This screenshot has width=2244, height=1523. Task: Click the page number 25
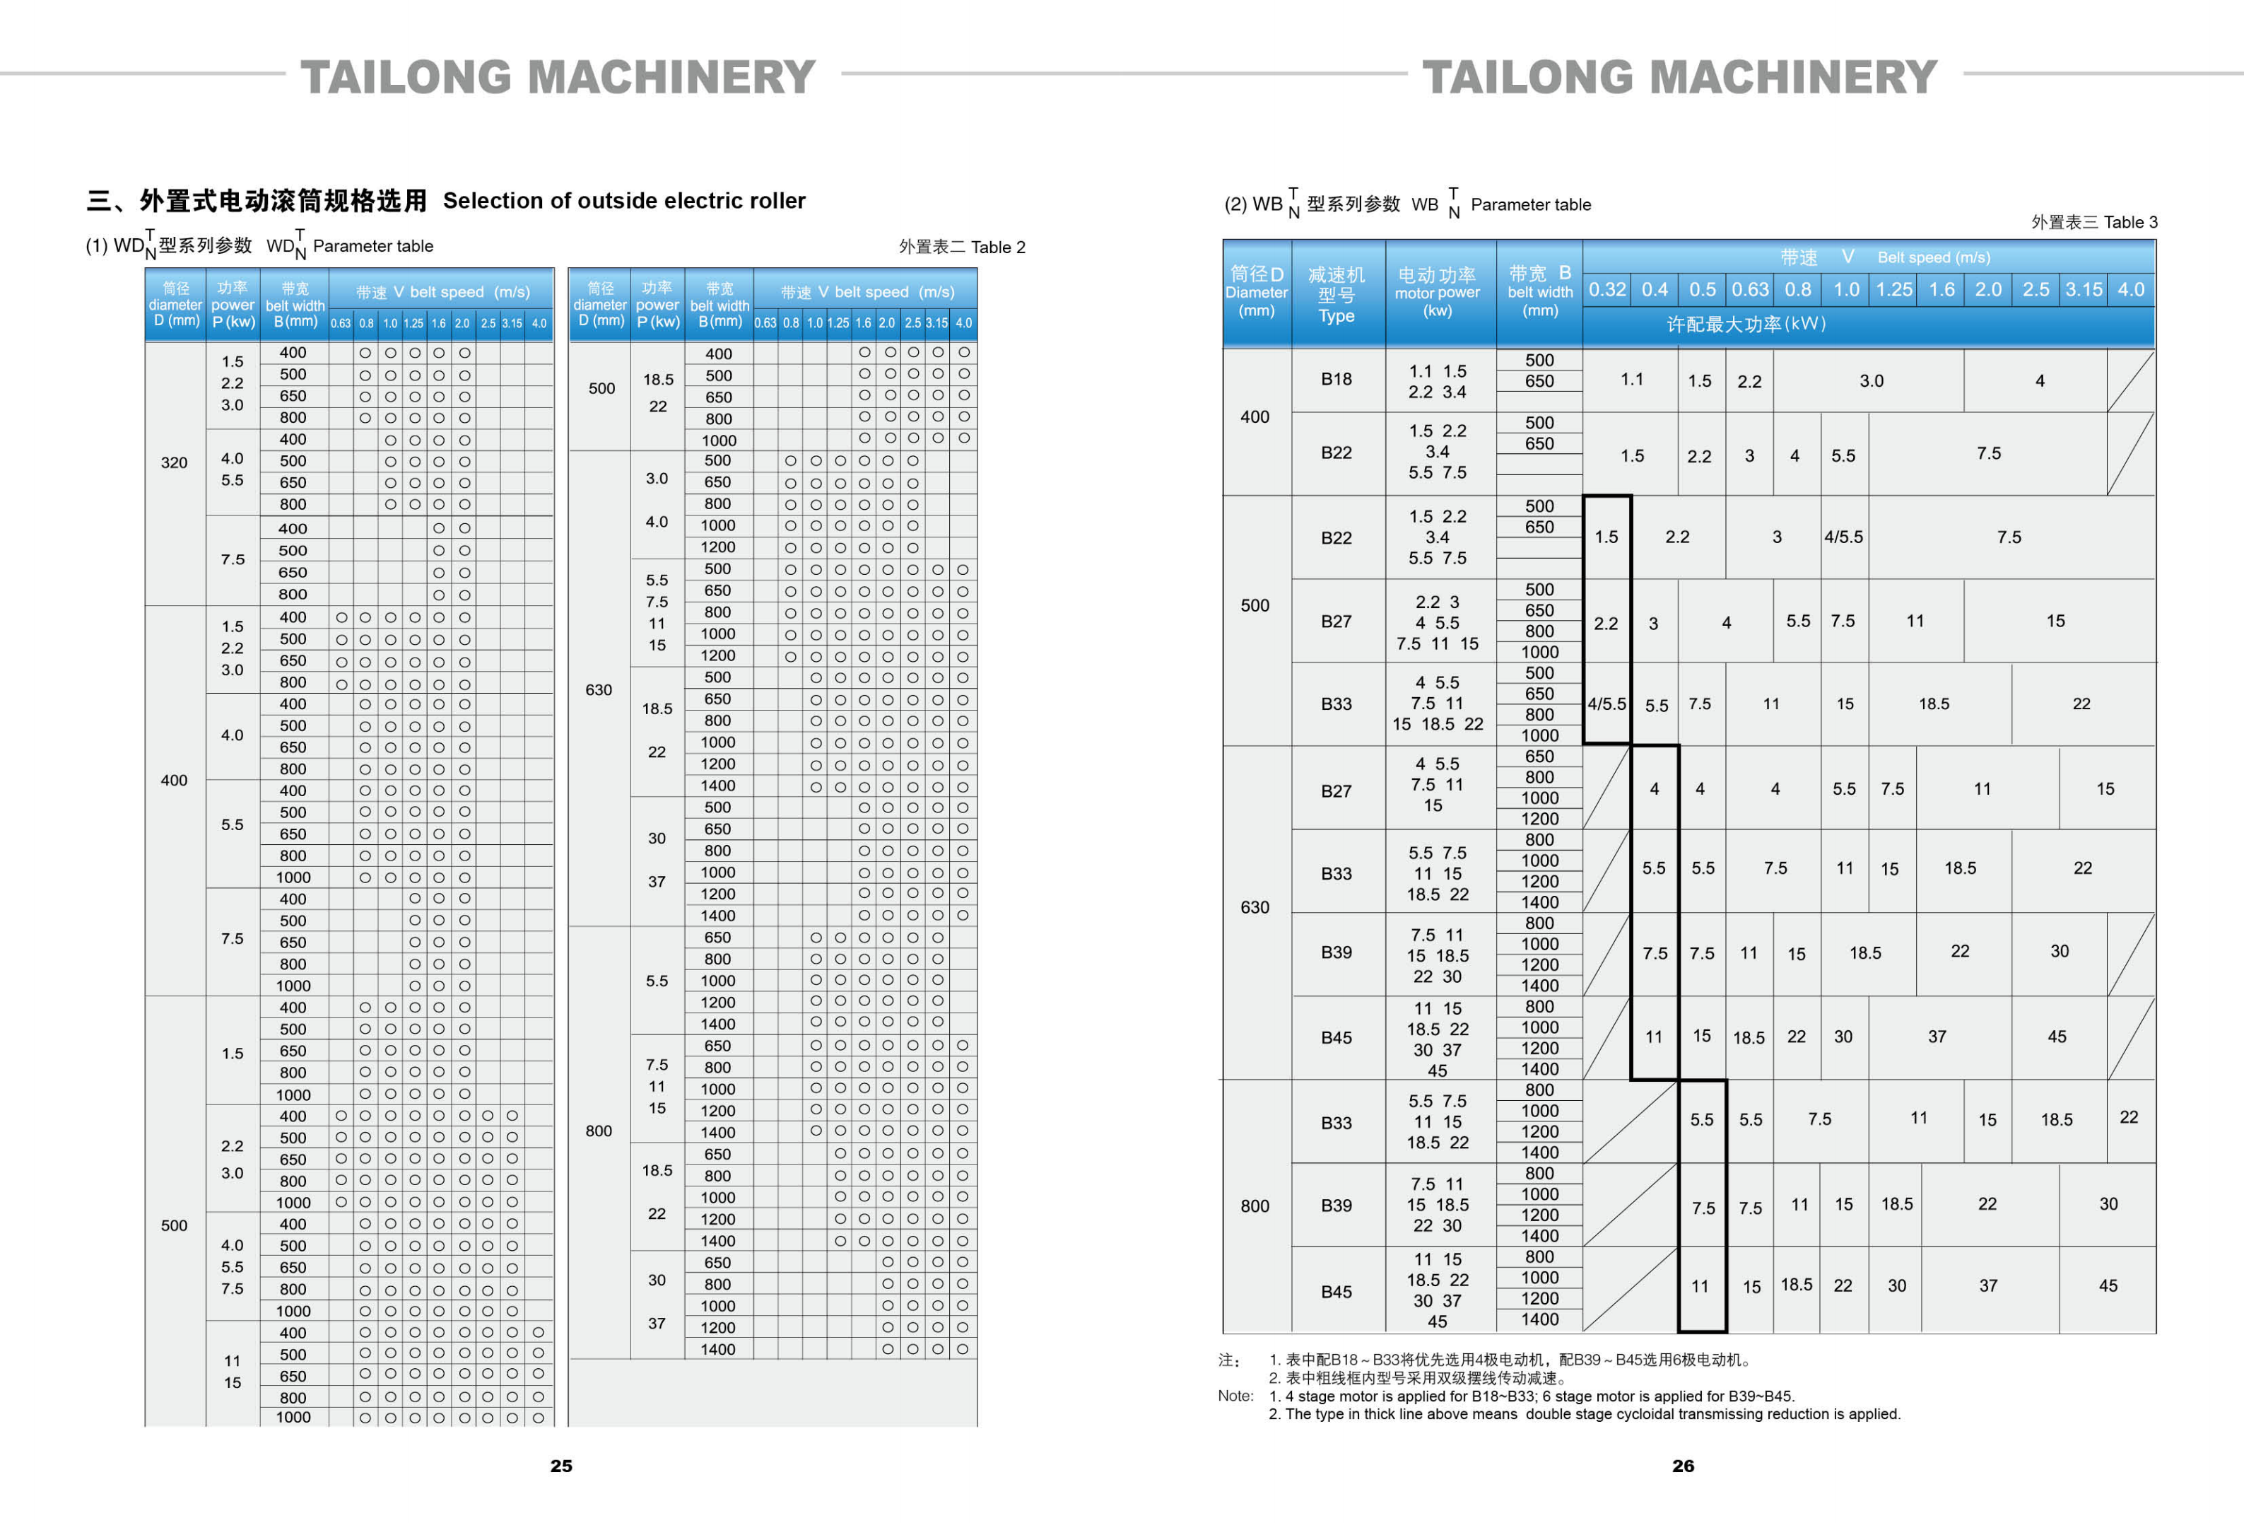pos(561,1465)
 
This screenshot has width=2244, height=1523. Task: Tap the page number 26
pos(1683,1465)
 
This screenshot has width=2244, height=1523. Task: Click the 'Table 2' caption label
pos(999,247)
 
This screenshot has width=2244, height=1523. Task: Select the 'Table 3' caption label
pos(2130,222)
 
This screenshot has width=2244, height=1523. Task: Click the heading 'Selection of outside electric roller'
pos(624,201)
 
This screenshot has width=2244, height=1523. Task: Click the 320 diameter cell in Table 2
pos(174,462)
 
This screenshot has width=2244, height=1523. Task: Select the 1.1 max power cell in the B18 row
pos(1632,380)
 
